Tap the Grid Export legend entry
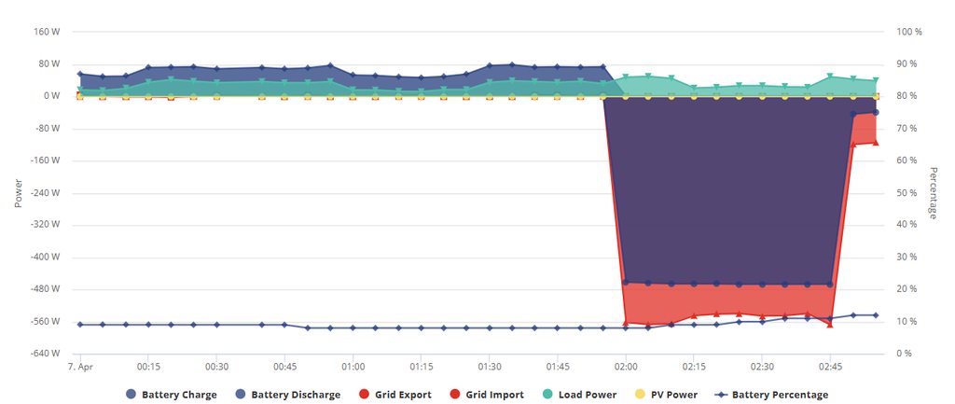click(403, 395)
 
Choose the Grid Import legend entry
click(494, 395)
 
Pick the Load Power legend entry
click(587, 395)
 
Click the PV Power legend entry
click(673, 395)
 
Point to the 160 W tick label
click(47, 32)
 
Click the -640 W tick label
click(45, 354)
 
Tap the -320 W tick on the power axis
click(45, 225)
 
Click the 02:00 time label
click(626, 368)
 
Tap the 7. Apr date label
click(80, 368)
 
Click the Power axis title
click(18, 192)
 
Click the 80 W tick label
click(49, 64)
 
